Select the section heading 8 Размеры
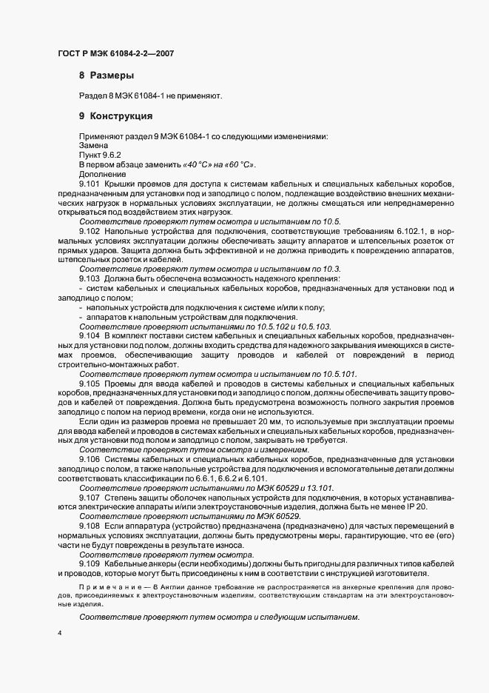tap(106, 76)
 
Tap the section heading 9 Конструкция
tap(115, 116)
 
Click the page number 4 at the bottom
tap(59, 633)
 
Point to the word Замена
tap(93, 147)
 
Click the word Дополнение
tap(102, 174)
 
